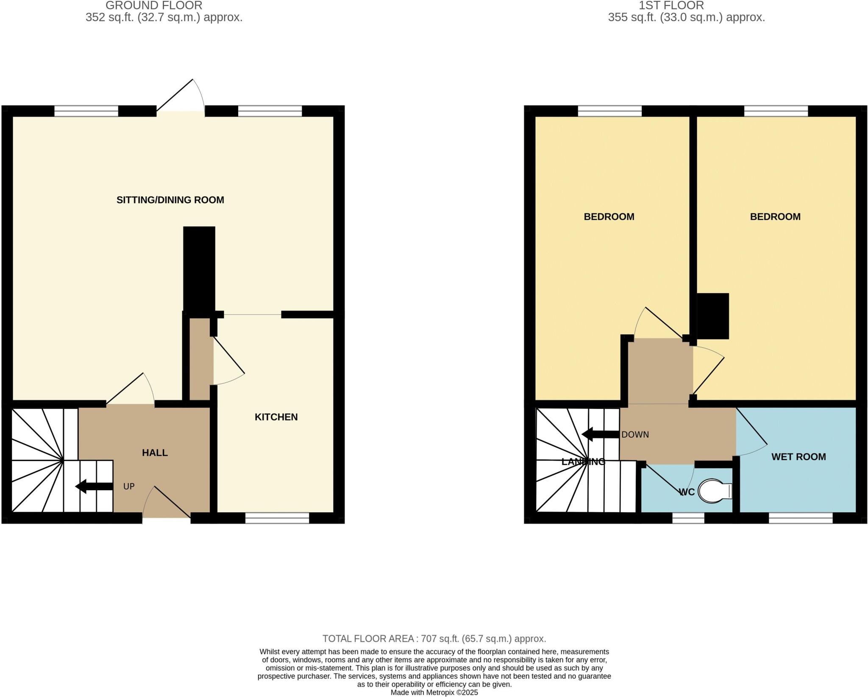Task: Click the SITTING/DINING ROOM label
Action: tap(170, 200)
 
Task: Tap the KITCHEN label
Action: tap(276, 417)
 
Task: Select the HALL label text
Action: tap(155, 453)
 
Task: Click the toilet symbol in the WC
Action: tap(715, 491)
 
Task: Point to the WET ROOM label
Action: tap(798, 457)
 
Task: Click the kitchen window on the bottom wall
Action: tap(277, 518)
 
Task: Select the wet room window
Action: tap(801, 518)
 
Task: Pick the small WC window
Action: tap(688, 518)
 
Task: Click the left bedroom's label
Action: tap(609, 217)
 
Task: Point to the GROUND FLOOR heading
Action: tap(154, 6)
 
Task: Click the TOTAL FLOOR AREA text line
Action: tap(434, 639)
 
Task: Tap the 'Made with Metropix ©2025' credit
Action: tap(434, 692)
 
